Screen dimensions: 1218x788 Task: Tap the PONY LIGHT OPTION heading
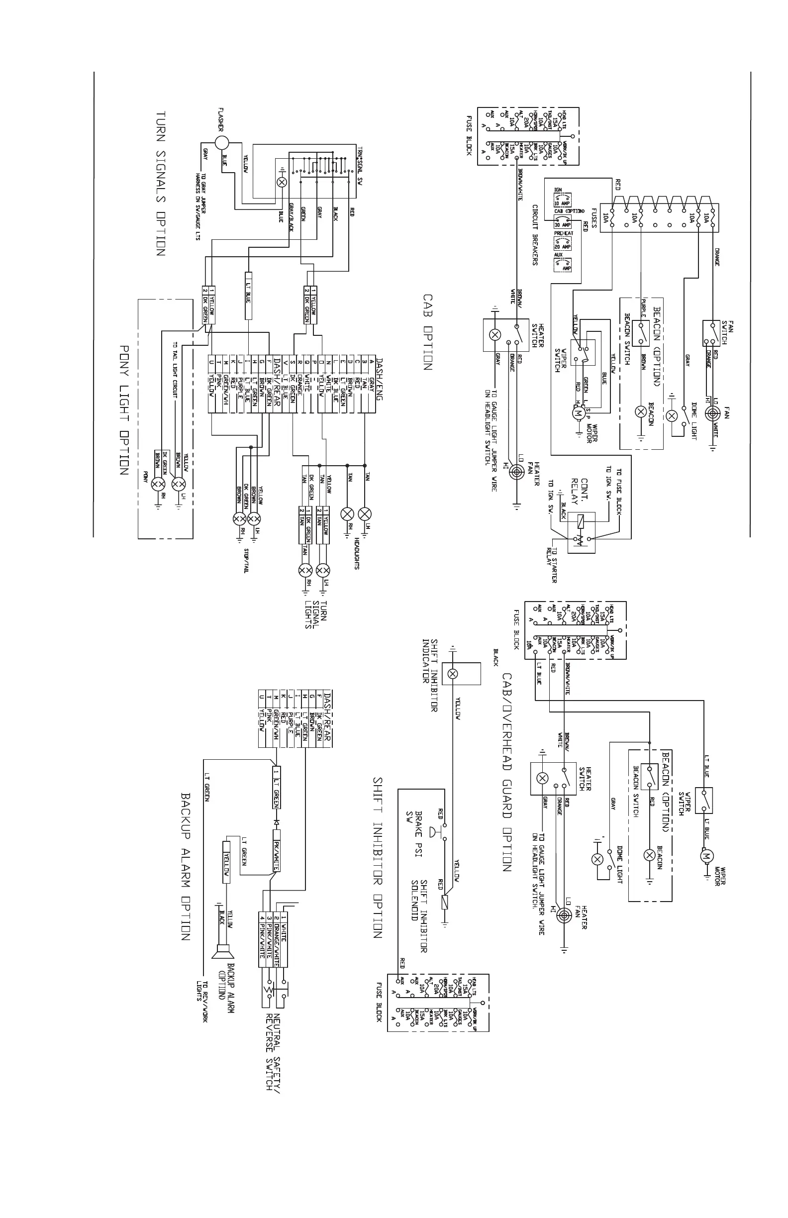click(123, 410)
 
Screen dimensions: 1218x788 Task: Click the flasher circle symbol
click(221, 143)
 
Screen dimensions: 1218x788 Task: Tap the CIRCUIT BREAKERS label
click(535, 235)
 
